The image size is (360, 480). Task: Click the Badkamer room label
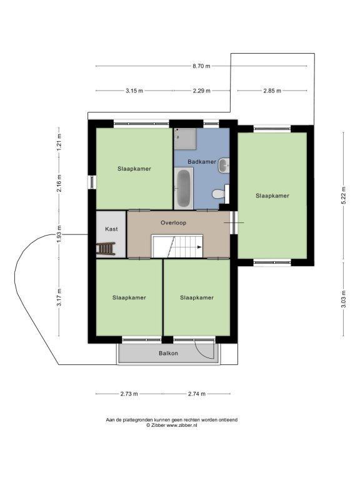202,162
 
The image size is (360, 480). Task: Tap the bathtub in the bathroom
183,187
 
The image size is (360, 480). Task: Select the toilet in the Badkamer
220,194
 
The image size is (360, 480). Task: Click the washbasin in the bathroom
224,165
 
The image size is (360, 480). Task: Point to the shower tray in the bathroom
185,139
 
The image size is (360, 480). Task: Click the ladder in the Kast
106,249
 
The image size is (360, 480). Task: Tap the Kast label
111,229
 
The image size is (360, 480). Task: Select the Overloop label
173,223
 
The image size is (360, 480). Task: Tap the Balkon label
168,353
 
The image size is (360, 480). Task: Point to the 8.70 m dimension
201,66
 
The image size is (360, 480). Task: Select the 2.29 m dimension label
201,91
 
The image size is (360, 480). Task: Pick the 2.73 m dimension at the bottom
129,394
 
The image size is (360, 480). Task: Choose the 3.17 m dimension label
59,297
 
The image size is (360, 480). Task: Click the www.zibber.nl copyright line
171,425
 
